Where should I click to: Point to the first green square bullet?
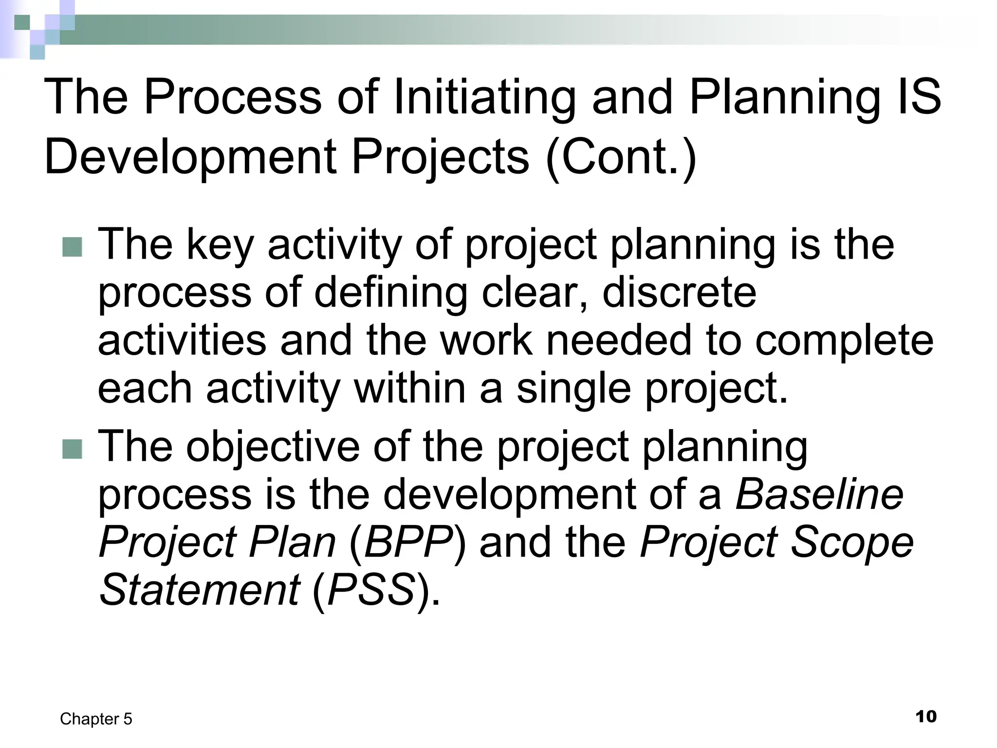click(73, 246)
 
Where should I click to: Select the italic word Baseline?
click(820, 495)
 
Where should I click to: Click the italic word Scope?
click(852, 542)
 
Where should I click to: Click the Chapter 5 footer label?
click(96, 719)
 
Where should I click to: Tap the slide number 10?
click(926, 717)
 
